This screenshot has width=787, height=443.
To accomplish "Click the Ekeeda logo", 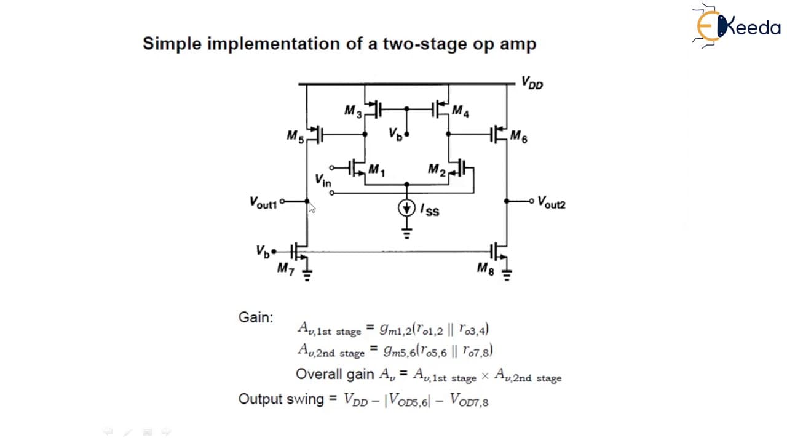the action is coord(736,26).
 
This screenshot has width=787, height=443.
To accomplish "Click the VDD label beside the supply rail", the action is coord(532,83).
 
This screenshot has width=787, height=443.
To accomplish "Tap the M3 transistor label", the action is coord(353,111).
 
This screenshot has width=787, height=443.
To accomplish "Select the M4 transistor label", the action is coord(461,111).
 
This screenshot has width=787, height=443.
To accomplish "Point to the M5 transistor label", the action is coord(295,137).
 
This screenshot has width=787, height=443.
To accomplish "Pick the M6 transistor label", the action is coord(518,137).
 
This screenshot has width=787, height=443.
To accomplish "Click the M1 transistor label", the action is coord(377,170).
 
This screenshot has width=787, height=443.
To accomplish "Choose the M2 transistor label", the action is coord(437,170).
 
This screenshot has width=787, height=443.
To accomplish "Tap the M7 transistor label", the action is coord(286,269).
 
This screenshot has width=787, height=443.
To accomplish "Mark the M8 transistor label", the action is coord(486,269).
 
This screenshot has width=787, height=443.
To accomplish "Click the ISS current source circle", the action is coord(406,208).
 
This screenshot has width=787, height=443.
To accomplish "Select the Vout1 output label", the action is coord(263,203).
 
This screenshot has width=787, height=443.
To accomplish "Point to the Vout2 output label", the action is coord(552,203).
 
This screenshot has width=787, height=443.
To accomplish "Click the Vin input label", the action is coord(323,180).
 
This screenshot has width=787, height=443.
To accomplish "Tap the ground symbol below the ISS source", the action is coord(406,233).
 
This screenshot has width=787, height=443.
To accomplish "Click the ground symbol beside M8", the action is coord(507,275).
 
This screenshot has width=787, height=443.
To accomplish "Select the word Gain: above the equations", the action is coord(255,317).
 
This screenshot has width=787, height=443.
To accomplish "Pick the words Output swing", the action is coord(281,399).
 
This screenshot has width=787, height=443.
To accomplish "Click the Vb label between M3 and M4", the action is coord(395,134).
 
